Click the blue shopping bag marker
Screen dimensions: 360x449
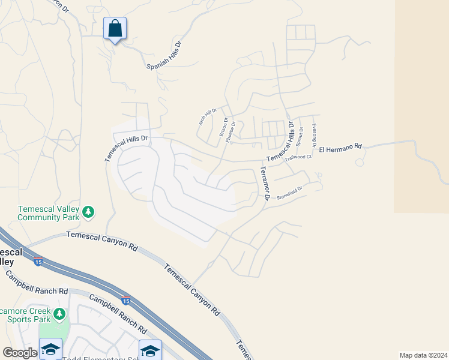pos(115,29)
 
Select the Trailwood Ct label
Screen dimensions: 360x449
pos(298,158)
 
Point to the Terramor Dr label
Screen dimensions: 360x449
pos(263,183)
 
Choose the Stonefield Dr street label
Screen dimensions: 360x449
pos(289,192)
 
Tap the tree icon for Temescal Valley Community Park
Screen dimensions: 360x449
pos(89,211)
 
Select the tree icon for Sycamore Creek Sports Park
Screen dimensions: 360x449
pos(59,314)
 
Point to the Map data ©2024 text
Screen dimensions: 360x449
pos(423,355)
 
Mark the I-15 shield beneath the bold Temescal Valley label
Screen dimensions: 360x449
pos(38,262)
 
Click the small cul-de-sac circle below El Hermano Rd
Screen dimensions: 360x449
pos(360,163)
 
